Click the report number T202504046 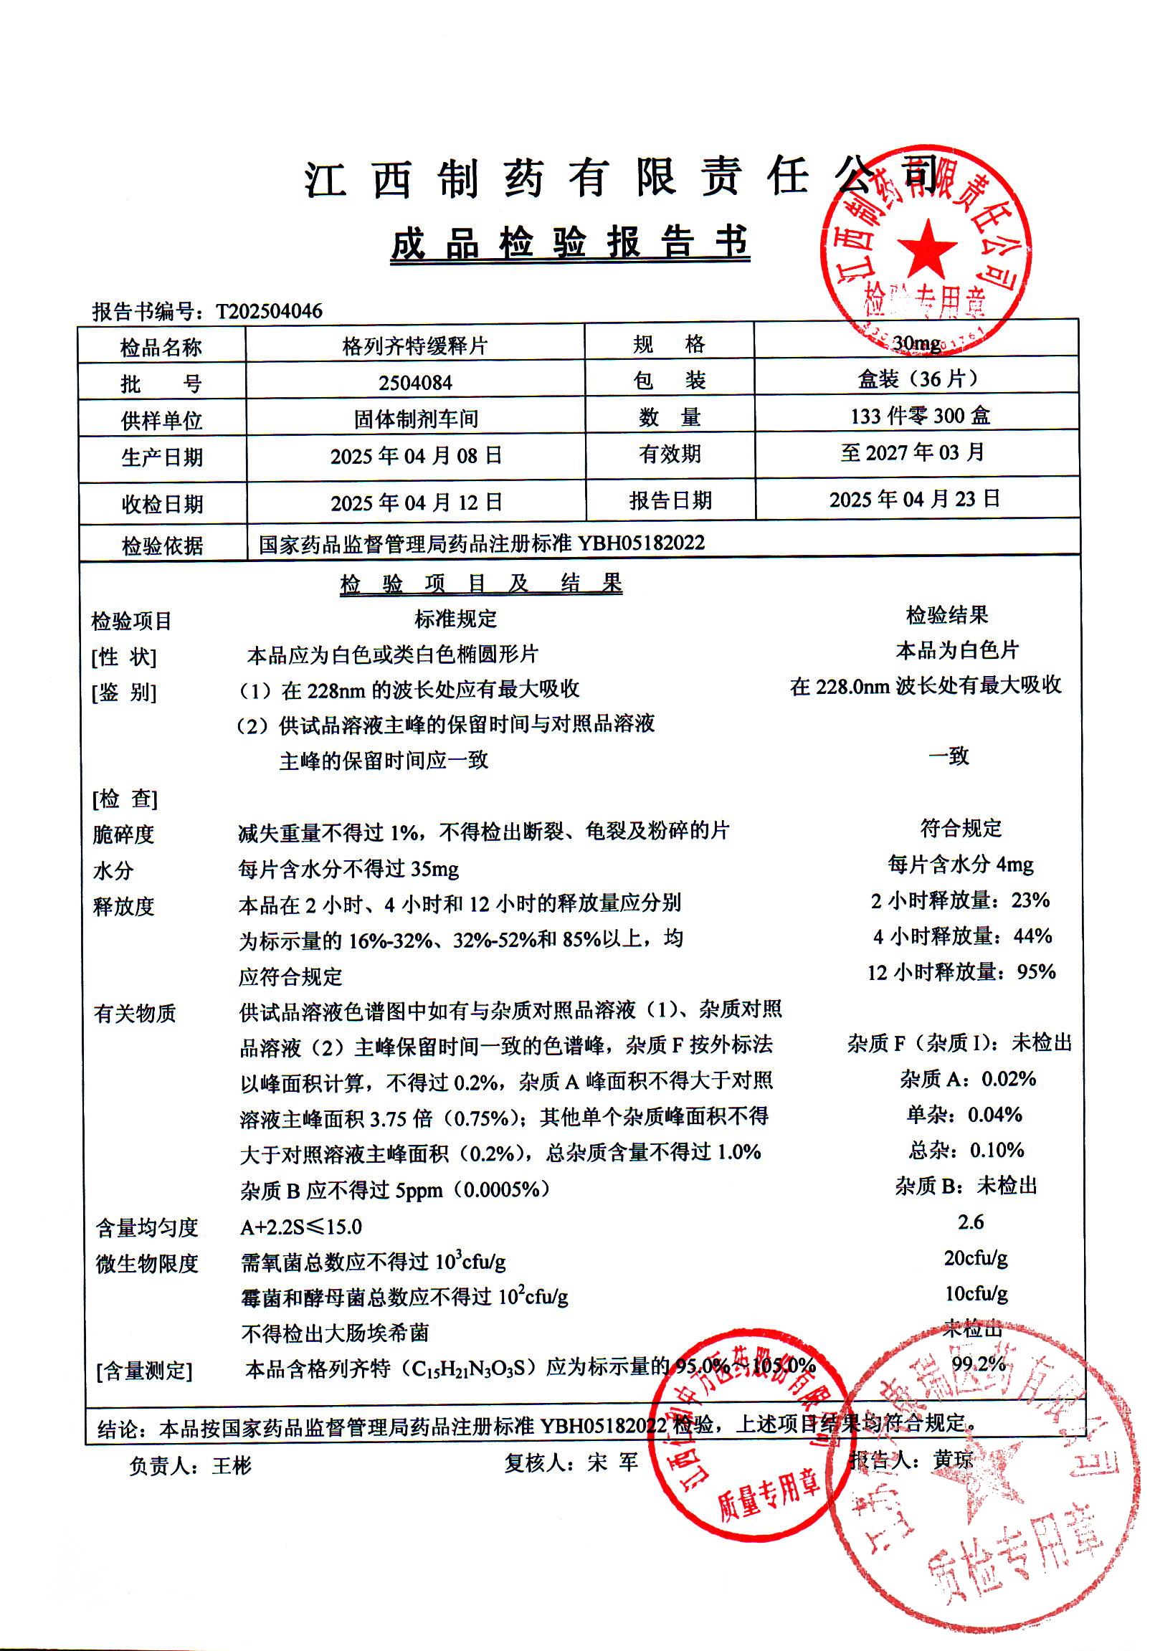click(x=269, y=311)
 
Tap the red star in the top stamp click(x=927, y=248)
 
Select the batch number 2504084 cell click(x=415, y=383)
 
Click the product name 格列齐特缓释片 click(x=415, y=346)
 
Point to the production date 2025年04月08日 click(x=416, y=456)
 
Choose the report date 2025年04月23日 click(x=915, y=499)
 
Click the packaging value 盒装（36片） click(x=918, y=379)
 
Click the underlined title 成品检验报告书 click(x=570, y=243)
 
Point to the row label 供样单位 click(x=162, y=421)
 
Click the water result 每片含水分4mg click(x=960, y=864)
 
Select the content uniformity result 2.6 click(x=970, y=1222)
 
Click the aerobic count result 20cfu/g click(x=975, y=1257)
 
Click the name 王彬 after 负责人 click(x=232, y=1465)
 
